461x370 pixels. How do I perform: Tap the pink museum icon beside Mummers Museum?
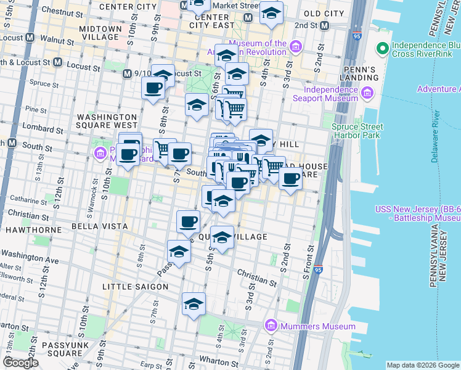pos(271,326)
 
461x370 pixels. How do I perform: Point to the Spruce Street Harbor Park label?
pos(357,131)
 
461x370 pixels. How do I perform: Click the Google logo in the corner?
pos(21,362)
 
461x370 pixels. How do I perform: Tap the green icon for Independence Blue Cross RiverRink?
pos(382,47)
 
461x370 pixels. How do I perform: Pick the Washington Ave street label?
pos(30,257)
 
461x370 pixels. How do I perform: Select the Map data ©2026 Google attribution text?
pos(423,365)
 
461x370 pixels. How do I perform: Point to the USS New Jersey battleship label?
pos(417,213)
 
